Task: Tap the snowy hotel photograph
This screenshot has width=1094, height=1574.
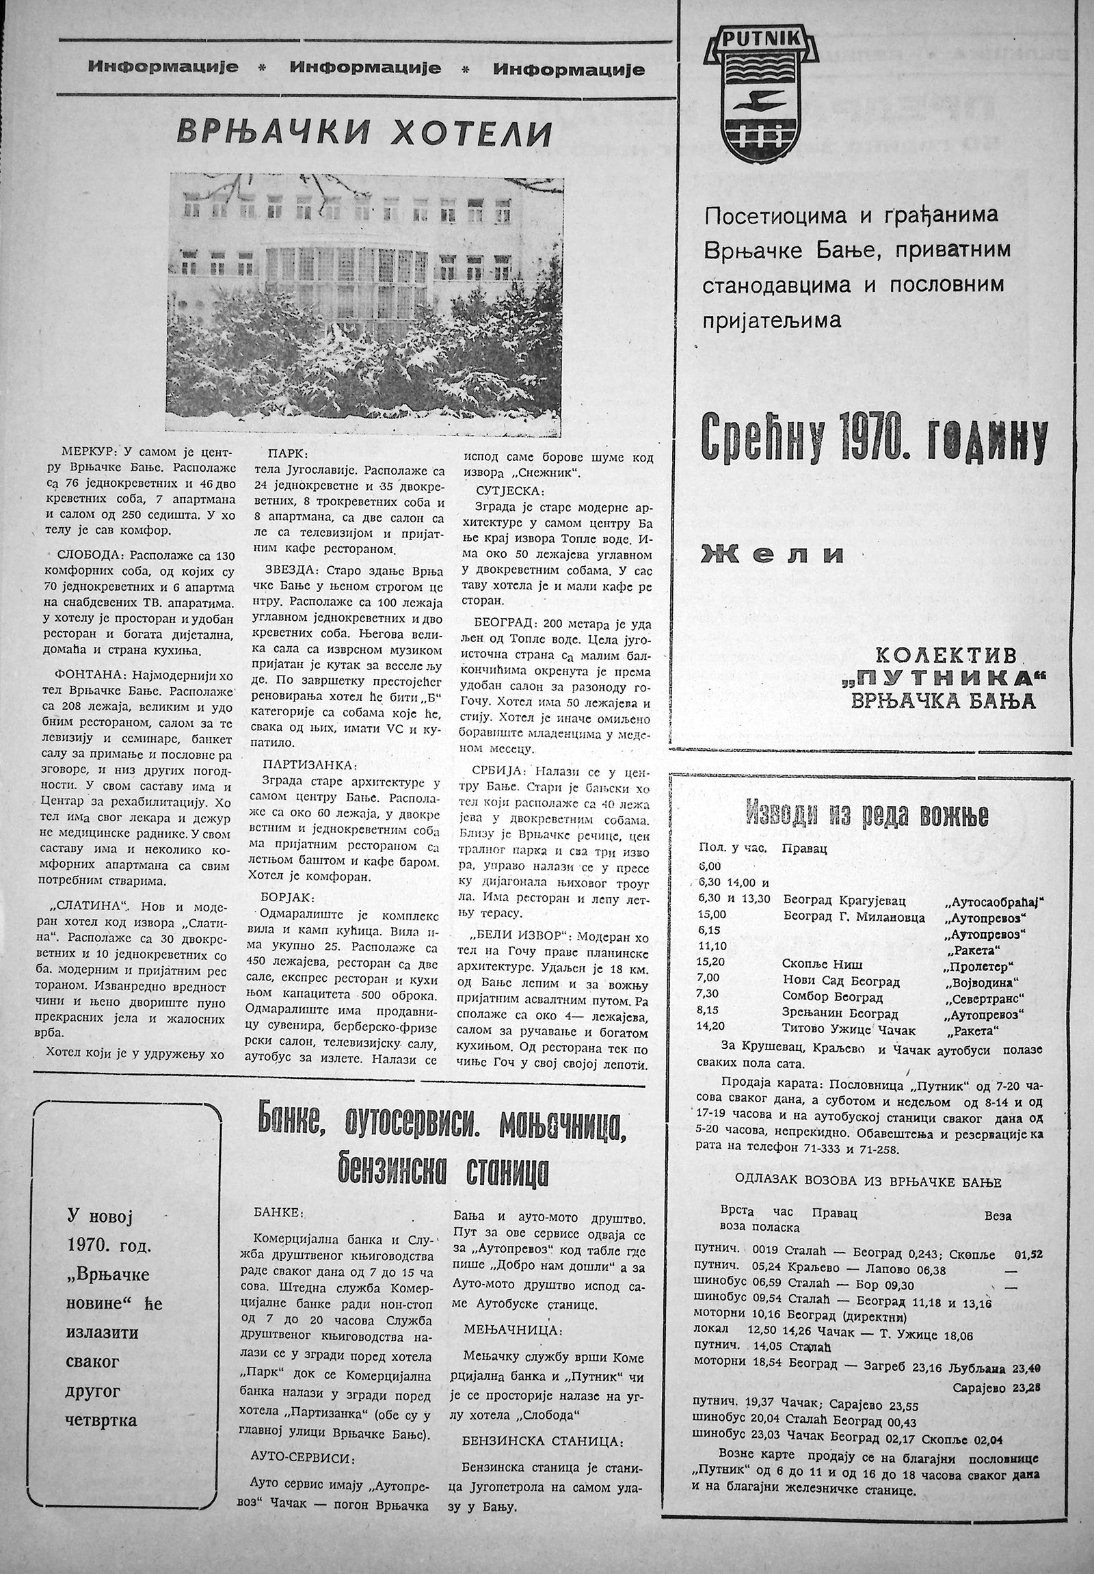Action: click(x=366, y=302)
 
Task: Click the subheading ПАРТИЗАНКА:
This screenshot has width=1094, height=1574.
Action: click(x=300, y=764)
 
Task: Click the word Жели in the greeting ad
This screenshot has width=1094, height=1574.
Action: click(x=772, y=554)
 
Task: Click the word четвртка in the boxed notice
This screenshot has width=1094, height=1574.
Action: click(x=102, y=1380)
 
